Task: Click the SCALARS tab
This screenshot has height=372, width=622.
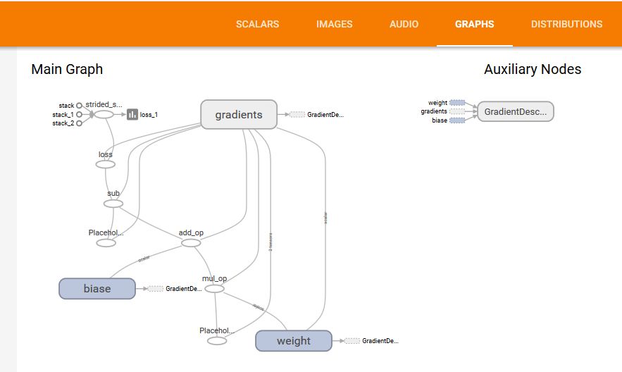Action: click(257, 24)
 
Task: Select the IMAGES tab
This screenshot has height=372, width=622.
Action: click(334, 24)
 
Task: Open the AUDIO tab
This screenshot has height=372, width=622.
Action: click(404, 24)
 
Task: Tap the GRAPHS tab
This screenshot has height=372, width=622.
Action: click(474, 24)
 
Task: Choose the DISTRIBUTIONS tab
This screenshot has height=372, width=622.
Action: click(566, 24)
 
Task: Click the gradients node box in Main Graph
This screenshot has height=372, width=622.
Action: click(238, 114)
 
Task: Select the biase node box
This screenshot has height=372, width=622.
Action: click(97, 288)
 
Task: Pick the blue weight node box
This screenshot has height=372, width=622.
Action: click(293, 340)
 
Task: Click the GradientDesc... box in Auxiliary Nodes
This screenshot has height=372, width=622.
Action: click(515, 111)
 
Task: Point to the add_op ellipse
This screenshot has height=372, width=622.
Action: click(191, 242)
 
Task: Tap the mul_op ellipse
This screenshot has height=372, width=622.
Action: click(214, 288)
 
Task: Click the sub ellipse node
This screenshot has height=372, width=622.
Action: click(113, 204)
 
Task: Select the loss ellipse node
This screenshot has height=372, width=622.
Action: click(105, 164)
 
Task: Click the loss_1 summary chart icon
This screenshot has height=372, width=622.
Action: click(132, 114)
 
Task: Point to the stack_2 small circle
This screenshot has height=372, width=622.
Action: click(79, 123)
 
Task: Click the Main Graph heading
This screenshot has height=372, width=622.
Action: click(67, 69)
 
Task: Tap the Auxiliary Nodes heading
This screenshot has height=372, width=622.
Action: click(533, 69)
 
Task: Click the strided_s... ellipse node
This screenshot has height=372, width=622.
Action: click(104, 114)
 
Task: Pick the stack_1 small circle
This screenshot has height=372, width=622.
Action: click(79, 114)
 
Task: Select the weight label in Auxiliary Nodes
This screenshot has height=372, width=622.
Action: click(437, 103)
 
